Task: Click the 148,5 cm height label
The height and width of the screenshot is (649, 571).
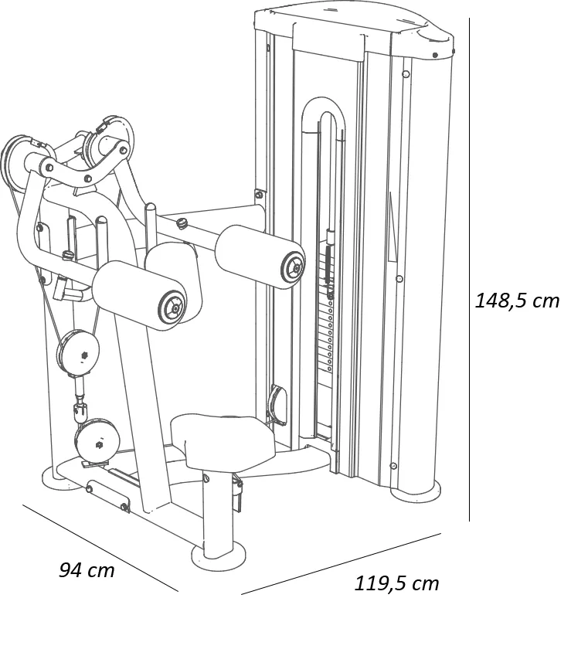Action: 517,301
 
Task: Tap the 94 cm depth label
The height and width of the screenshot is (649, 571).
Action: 87,570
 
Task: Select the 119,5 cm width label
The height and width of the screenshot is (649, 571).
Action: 396,583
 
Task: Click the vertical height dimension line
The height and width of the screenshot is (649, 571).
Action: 469,269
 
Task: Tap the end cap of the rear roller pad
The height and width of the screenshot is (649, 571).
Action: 294,269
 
